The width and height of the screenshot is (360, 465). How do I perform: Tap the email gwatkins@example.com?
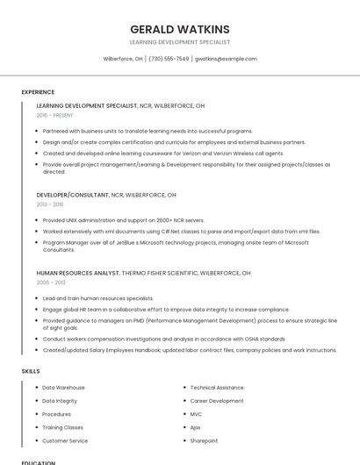point(226,59)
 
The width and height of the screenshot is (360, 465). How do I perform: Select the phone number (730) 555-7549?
point(169,59)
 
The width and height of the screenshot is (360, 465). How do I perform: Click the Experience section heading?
point(38,92)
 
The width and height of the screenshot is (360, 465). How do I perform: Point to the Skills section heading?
point(31,371)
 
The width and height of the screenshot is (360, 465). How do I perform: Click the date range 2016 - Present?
point(55,115)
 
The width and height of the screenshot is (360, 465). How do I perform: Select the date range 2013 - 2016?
point(50,204)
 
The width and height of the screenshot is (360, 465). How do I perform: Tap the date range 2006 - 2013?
point(51,283)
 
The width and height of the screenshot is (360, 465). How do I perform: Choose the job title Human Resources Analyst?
point(78,273)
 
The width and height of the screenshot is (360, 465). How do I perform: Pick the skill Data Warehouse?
point(63,387)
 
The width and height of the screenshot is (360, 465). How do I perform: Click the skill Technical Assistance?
point(217,387)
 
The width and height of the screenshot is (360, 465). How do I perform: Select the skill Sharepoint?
point(204,440)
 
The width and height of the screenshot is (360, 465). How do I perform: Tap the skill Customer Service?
point(65,440)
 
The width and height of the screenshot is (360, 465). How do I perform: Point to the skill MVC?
point(196,414)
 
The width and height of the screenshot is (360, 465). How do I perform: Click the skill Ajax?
point(196,427)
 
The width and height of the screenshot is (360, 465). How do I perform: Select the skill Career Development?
point(217,401)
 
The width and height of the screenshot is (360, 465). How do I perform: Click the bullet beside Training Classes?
point(36,427)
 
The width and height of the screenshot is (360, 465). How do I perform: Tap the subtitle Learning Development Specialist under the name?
point(179,42)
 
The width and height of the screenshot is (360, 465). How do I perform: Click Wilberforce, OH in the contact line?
point(123,59)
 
